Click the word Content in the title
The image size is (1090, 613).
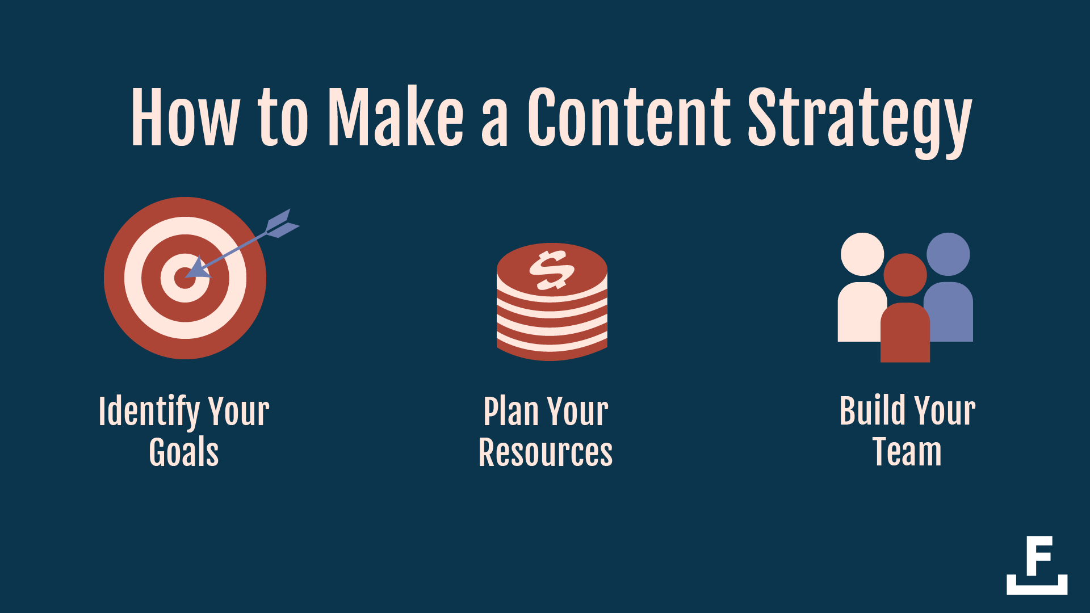click(629, 117)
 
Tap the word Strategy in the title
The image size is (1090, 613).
click(860, 123)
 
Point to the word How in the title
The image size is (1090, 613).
click(186, 117)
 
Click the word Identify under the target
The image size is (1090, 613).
click(149, 412)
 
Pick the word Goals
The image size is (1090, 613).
click(184, 452)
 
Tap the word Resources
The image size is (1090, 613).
click(546, 452)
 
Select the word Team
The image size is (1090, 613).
click(907, 452)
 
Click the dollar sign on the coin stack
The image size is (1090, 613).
click(552, 270)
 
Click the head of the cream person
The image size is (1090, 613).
click(862, 254)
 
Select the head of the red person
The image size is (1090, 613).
click(905, 275)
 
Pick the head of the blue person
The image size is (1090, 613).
click(948, 254)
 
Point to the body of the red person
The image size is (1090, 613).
click(905, 333)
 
